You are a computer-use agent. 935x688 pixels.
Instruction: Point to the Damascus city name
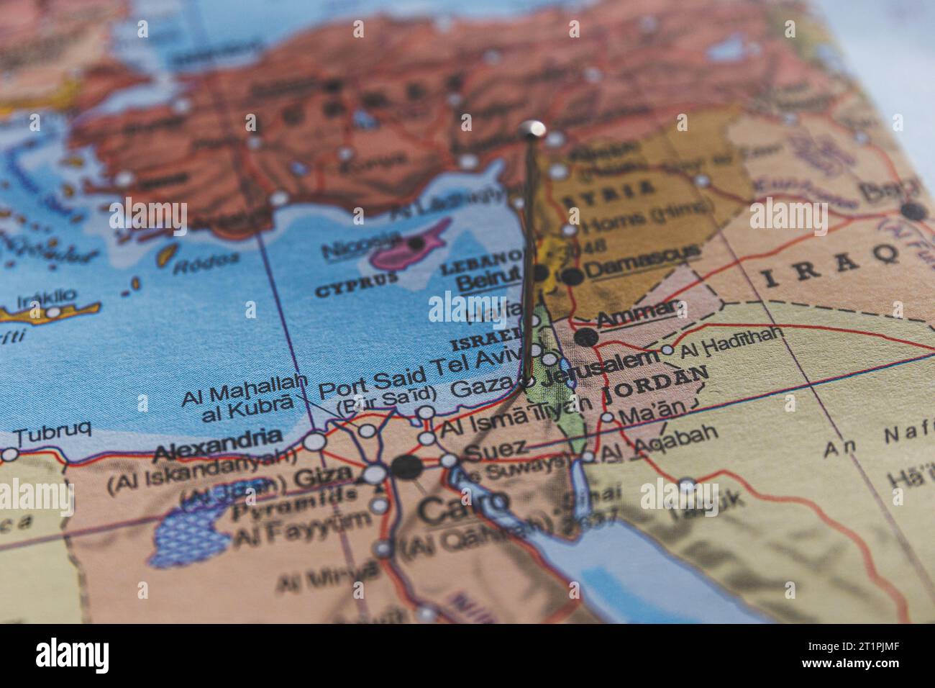coord(642,269)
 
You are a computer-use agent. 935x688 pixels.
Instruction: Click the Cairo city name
coord(463,508)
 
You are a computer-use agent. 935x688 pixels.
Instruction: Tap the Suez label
coord(496,450)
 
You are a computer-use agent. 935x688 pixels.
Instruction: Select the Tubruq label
coord(53,433)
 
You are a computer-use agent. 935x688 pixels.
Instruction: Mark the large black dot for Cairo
coord(407,468)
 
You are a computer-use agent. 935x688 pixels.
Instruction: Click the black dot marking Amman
coord(586,336)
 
